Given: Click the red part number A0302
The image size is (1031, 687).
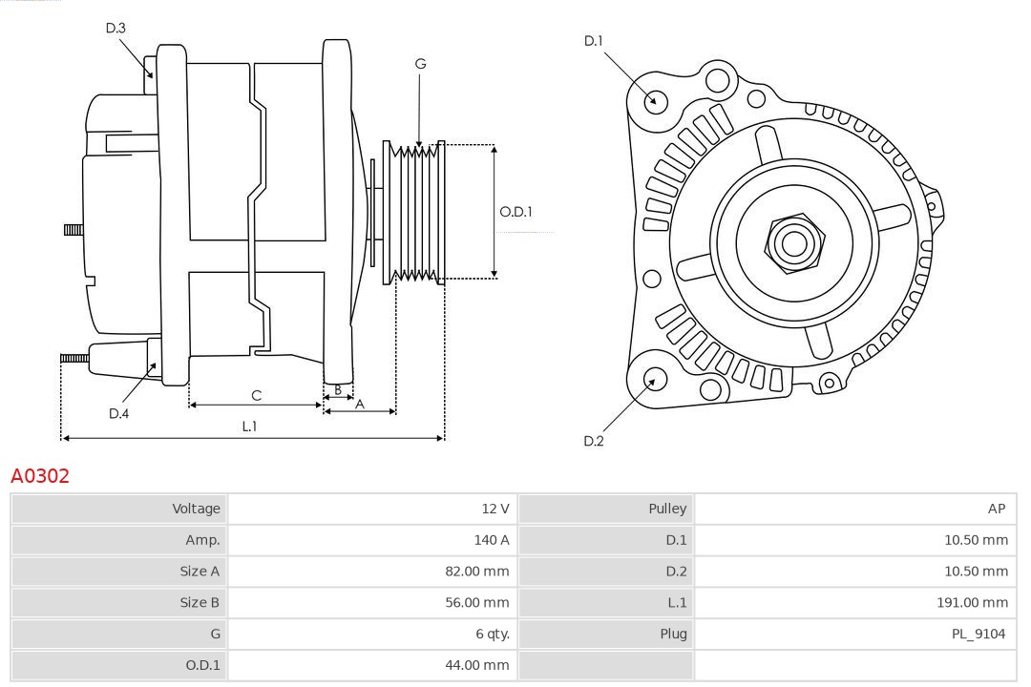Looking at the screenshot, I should pos(40,475).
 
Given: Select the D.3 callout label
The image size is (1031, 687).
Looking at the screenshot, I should pos(116,29).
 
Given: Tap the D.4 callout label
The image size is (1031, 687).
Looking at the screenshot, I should pos(118,413).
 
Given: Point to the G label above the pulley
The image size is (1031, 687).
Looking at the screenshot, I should pos(420,64).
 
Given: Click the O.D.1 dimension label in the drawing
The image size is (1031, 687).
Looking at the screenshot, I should pos(515,212).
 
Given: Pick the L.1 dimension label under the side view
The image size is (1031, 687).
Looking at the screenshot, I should pos(249,427).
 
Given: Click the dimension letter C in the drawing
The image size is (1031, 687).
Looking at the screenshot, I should pos(256,395).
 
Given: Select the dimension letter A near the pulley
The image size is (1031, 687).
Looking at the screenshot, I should pos(360,404).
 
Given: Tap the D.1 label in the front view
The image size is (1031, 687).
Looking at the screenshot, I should pos(594,41).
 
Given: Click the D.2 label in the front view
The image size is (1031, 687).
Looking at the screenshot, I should pos(594,441).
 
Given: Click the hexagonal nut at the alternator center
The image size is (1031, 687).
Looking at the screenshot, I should pos(793,243).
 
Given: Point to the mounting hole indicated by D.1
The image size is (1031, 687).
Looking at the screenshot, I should pos(655,100).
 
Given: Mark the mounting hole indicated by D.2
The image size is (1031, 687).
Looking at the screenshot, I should pos(654,380).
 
